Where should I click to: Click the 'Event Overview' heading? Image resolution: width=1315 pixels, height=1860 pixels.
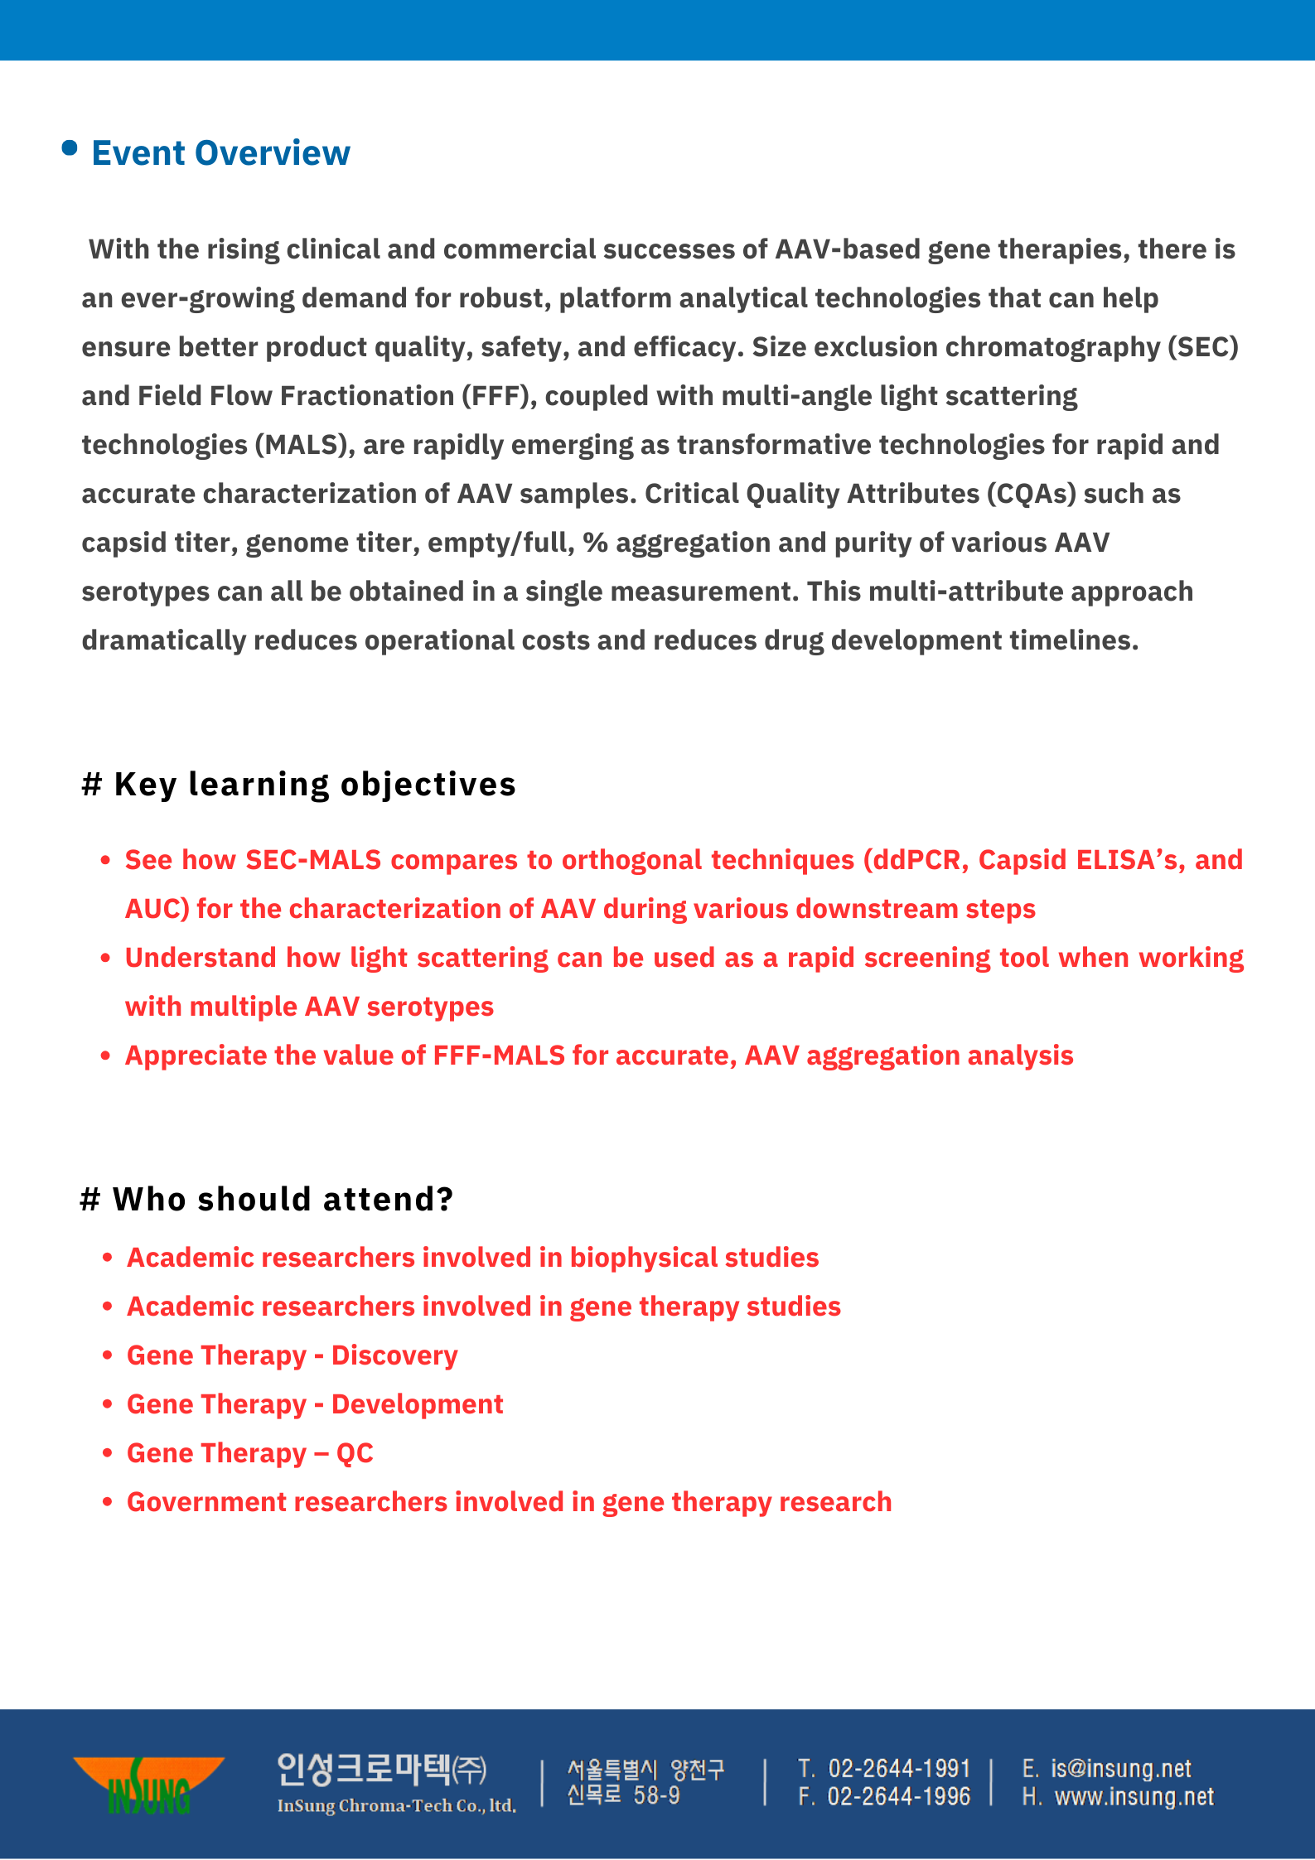tap(220, 153)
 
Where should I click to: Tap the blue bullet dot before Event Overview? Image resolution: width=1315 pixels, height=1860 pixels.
tap(70, 148)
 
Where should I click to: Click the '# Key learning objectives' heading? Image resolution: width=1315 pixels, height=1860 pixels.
tap(298, 784)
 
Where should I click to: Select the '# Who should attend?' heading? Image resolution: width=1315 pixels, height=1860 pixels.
tap(267, 1199)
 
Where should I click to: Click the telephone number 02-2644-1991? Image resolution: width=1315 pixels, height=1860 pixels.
tap(898, 1769)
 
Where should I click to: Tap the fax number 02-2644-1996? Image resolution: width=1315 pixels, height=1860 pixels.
tap(898, 1796)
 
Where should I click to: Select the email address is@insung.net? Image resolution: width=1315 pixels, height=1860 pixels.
tap(1120, 1769)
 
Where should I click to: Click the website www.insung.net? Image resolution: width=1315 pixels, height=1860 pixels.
tap(1134, 1796)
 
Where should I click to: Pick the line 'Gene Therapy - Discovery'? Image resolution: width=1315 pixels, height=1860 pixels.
tap(292, 1355)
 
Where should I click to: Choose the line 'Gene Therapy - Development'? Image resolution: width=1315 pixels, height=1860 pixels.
tap(315, 1404)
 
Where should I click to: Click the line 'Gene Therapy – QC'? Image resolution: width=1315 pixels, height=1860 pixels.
tap(249, 1453)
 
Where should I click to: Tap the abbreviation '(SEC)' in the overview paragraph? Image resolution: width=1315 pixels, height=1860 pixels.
tap(1202, 347)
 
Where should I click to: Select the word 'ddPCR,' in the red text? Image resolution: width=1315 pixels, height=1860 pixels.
tap(916, 860)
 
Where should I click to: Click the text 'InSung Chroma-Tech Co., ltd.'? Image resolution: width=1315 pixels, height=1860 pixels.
tap(396, 1806)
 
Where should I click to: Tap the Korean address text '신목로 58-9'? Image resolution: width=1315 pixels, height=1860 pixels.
tap(623, 1795)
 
